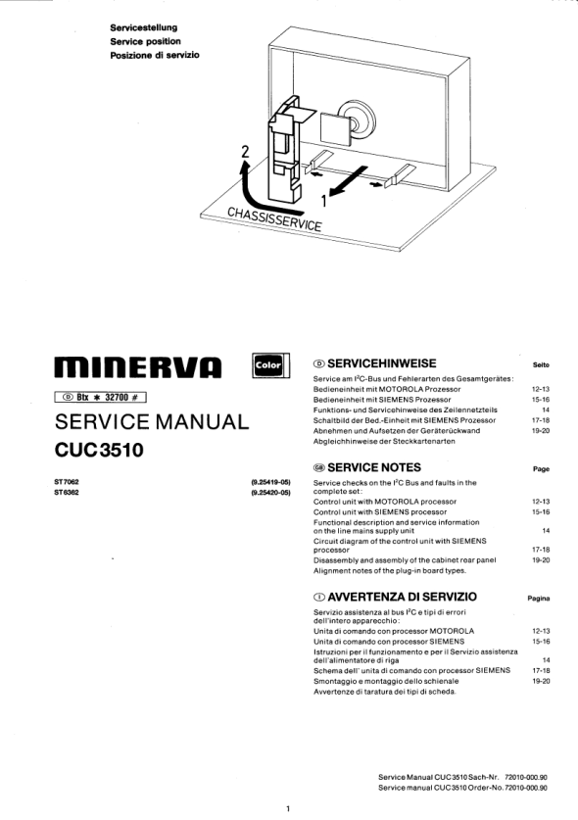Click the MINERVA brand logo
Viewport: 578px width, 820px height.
coord(138,367)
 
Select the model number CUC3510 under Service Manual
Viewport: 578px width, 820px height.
coord(99,450)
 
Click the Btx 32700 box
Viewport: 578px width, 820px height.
coord(100,397)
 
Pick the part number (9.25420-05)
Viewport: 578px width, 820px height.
coord(271,492)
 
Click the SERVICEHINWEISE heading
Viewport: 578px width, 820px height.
coord(374,363)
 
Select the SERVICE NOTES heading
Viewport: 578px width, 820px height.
coord(367,467)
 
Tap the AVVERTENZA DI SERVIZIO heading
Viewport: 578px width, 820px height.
coord(395,597)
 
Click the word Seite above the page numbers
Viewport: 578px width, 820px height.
coord(541,364)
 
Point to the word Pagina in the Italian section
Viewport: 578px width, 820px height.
coord(539,599)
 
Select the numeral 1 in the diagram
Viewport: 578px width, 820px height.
coord(324,200)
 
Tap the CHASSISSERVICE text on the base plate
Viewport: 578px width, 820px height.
coord(274,218)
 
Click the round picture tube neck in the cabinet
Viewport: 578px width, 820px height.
coord(357,119)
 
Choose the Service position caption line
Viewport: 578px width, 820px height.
coord(145,41)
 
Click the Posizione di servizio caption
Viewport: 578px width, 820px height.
coord(155,55)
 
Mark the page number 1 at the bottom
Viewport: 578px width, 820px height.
coord(288,809)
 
